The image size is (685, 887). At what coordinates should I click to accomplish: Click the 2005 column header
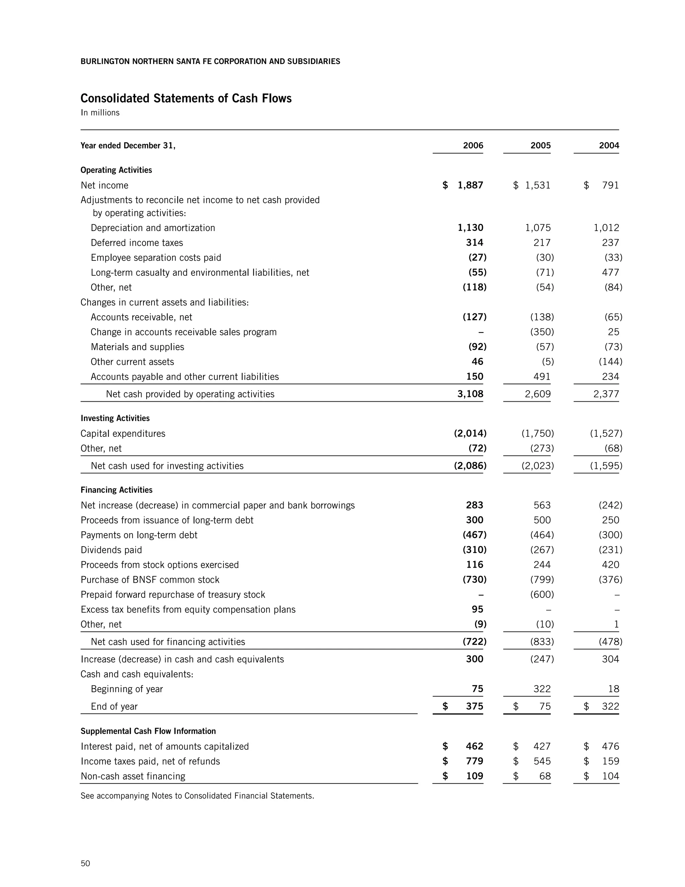pyautogui.click(x=540, y=145)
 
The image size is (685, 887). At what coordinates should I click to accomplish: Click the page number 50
pyautogui.click(x=85, y=863)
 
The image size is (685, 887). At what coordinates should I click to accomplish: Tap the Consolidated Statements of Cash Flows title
pyautogui.click(x=186, y=98)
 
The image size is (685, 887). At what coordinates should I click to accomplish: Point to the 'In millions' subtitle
pyautogui.click(x=100, y=112)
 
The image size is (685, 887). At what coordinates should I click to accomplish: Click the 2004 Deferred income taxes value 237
pyautogui.click(x=610, y=242)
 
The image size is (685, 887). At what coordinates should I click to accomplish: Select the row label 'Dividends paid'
pyautogui.click(x=111, y=550)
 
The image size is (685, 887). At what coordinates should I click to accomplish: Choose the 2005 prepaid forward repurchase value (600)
pyautogui.click(x=542, y=594)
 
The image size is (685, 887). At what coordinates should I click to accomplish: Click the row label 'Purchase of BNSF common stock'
pyautogui.click(x=150, y=579)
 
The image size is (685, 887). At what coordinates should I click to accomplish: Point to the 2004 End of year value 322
pyautogui.click(x=610, y=706)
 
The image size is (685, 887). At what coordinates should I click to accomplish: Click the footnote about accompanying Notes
pyautogui.click(x=197, y=796)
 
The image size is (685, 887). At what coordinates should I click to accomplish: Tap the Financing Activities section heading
pyautogui.click(x=116, y=490)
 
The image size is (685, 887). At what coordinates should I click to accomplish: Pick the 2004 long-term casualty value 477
pyautogui.click(x=610, y=272)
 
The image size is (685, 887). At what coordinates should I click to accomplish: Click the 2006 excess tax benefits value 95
pyautogui.click(x=477, y=609)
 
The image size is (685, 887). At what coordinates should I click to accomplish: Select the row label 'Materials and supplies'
pyautogui.click(x=137, y=347)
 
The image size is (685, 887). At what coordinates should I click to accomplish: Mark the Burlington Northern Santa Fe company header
pyautogui.click(x=210, y=61)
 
